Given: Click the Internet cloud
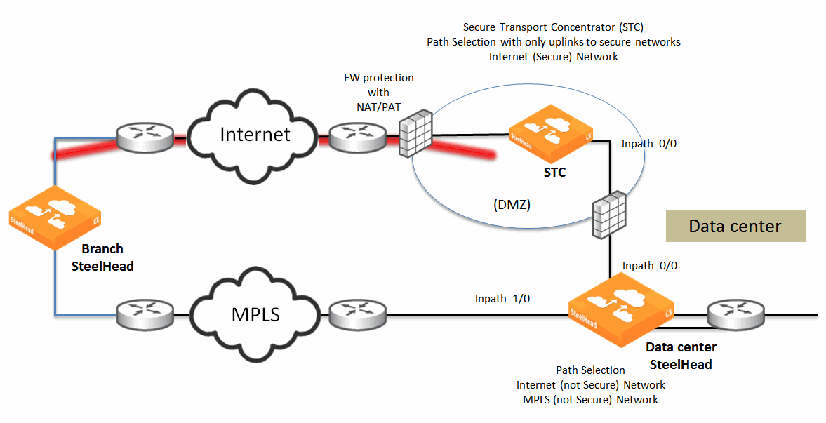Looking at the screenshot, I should tap(254, 134).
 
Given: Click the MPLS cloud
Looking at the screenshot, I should tap(255, 314).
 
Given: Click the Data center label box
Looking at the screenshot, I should tap(735, 226).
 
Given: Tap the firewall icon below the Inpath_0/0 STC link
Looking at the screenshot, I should tap(608, 216).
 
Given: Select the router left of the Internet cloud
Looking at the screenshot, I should tap(145, 137).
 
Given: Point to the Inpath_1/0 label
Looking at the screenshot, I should tap(502, 299).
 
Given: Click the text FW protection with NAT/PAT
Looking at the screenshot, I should tap(378, 92).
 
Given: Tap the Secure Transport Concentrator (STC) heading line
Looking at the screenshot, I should tap(553, 27).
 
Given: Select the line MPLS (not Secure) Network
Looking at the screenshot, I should tap(590, 399).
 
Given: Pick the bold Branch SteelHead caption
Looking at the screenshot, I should tap(102, 257).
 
